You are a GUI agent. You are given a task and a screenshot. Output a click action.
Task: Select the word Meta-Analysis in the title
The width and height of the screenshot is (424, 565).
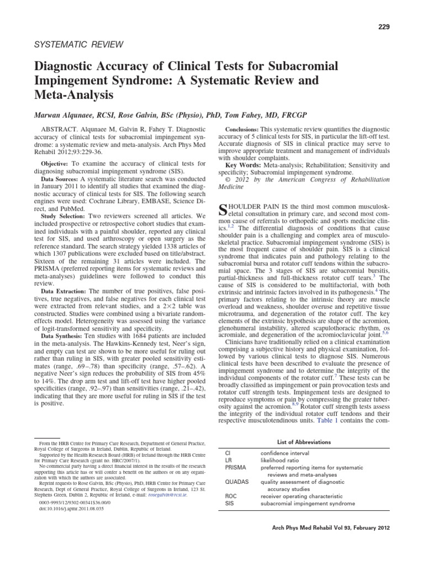click(74, 94)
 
